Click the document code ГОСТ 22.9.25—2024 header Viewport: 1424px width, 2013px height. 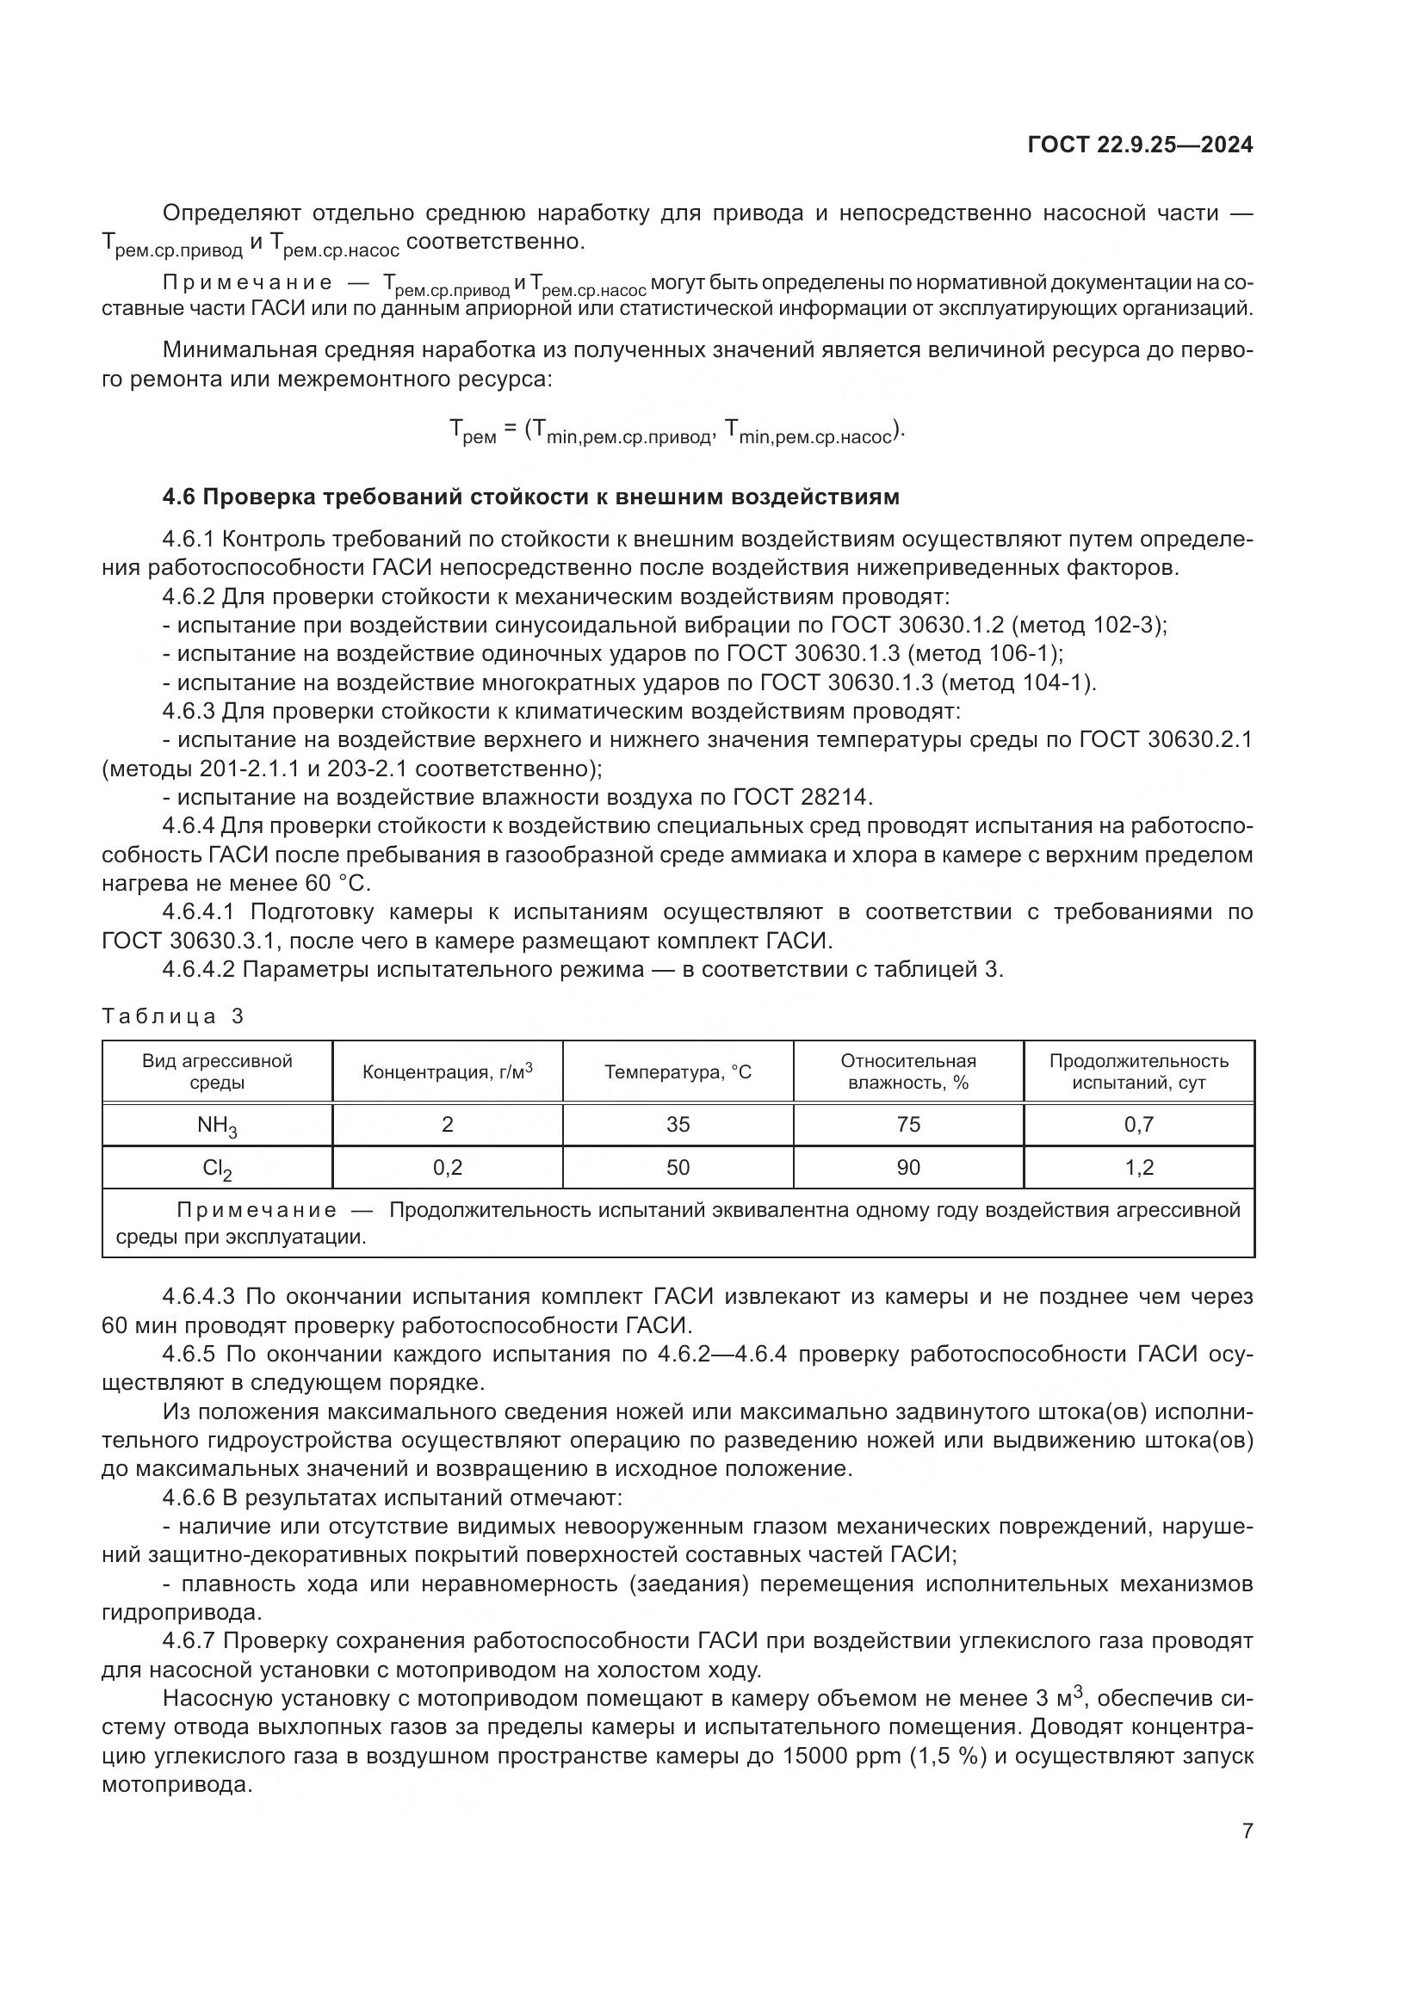coord(1140,145)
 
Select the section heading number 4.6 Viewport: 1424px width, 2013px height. coord(181,497)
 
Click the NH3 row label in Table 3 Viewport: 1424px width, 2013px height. coord(217,1125)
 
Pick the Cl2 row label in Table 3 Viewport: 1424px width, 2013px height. coord(217,1168)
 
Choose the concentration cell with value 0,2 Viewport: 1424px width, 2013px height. coord(447,1167)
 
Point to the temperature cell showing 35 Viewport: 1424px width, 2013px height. coord(678,1124)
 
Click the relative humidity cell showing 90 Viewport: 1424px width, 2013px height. coord(908,1167)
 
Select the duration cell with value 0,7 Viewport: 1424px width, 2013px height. coord(1139,1124)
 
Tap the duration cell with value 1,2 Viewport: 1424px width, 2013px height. coord(1139,1167)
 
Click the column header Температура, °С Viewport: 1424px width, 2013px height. coord(678,1071)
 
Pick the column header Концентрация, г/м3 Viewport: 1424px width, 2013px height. coord(447,1071)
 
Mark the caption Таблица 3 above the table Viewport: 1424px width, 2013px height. coord(173,1016)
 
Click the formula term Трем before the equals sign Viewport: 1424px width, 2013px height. coord(473,430)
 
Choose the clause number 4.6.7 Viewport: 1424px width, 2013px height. coord(192,1640)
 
